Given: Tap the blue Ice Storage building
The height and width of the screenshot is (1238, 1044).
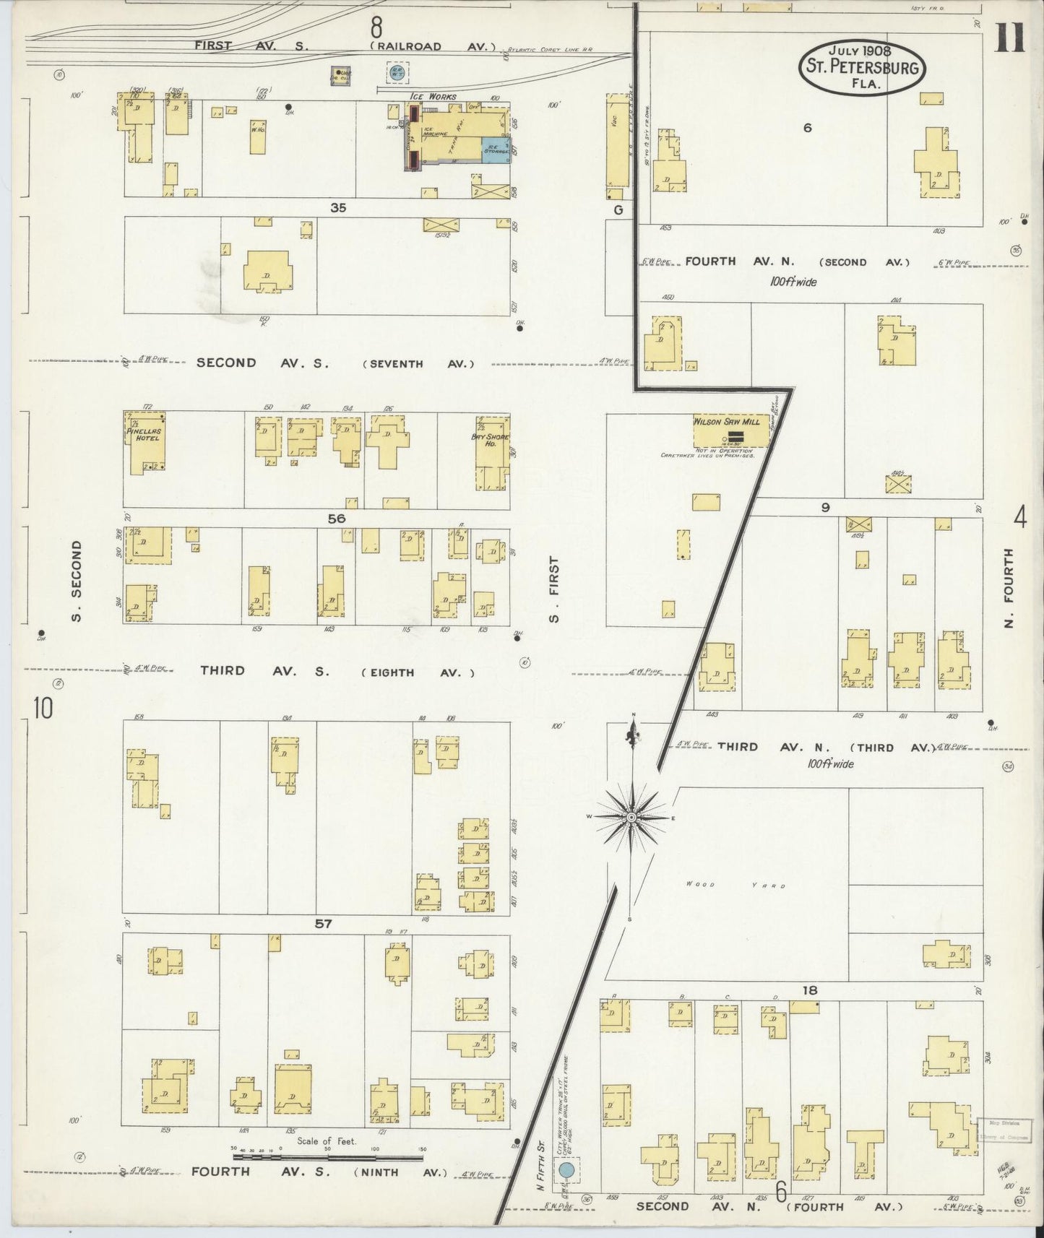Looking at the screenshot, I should (x=496, y=150).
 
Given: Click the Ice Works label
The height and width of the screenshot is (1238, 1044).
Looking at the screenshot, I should (x=432, y=96).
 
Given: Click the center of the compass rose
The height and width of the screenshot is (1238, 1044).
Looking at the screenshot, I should (x=631, y=817).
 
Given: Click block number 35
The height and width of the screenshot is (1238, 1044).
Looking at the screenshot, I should (x=338, y=208).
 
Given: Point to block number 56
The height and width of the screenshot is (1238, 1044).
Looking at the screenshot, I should (x=336, y=519).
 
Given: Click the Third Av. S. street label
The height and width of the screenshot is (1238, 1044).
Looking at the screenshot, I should (x=264, y=671).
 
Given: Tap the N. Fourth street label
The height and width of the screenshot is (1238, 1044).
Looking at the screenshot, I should (x=1009, y=588).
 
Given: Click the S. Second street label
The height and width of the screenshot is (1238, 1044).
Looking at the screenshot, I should (x=77, y=581).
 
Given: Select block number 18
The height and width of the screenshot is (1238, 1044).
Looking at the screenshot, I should (x=808, y=991).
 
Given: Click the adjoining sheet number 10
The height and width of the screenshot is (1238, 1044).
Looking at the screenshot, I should (x=43, y=709).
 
